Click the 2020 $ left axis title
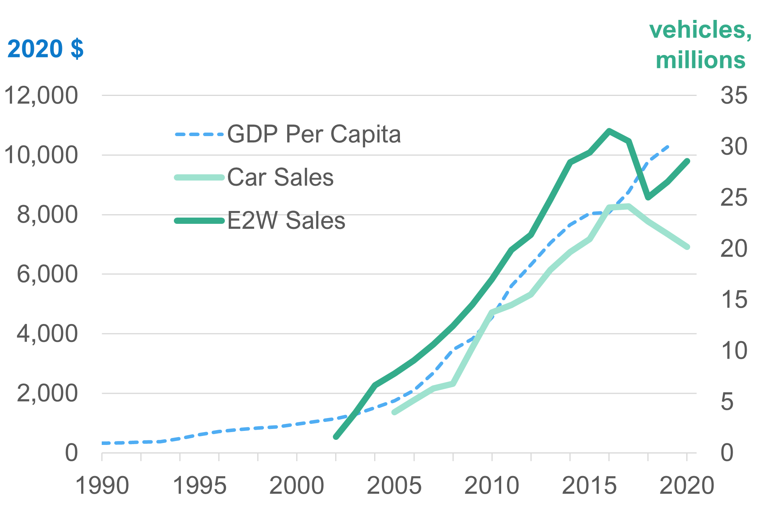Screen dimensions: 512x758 45,49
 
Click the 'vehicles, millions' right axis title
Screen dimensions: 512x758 700,45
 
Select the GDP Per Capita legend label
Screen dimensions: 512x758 314,135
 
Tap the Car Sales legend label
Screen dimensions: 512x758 280,177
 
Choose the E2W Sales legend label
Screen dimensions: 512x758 286,221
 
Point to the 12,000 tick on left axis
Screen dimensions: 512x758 41,96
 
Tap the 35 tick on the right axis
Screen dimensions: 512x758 734,96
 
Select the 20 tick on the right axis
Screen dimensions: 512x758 734,249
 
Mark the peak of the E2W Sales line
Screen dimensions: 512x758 609,131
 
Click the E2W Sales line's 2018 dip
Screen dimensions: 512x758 648,198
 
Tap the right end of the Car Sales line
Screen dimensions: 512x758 687,247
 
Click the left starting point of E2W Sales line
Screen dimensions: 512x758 336,437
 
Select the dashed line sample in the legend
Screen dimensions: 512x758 199,135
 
